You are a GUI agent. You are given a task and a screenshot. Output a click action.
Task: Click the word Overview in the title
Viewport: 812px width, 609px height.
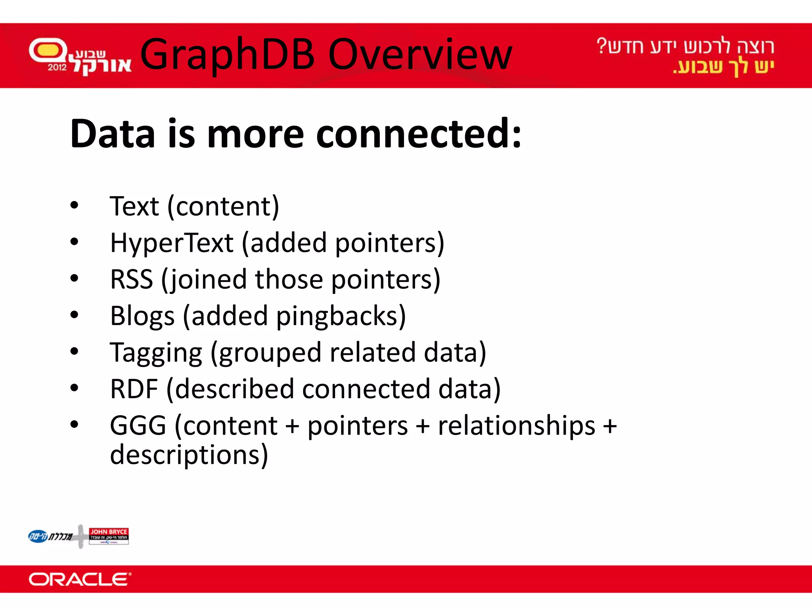(x=420, y=55)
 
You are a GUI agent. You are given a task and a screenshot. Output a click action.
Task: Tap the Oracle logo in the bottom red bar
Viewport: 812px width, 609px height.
(x=79, y=579)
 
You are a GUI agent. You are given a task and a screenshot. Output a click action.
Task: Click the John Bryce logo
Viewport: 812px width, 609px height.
(x=109, y=536)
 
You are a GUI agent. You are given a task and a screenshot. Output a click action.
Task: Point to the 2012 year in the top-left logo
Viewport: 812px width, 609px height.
(x=57, y=67)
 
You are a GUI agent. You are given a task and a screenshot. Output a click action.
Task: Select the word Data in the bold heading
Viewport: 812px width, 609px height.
(x=112, y=134)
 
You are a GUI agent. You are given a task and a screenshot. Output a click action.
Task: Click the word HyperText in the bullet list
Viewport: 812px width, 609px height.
(x=171, y=243)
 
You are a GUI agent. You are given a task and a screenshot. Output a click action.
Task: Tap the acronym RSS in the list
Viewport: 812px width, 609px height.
(x=131, y=279)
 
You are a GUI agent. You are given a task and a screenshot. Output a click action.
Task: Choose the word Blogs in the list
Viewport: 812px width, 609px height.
(x=142, y=316)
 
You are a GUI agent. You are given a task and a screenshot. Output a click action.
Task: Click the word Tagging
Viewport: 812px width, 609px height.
(x=156, y=353)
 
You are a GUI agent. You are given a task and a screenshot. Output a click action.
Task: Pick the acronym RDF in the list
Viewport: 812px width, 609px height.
(x=134, y=389)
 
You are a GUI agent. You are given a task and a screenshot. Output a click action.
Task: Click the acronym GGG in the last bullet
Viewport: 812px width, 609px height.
(x=138, y=425)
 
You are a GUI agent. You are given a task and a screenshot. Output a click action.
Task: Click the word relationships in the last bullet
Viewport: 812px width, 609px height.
(x=516, y=425)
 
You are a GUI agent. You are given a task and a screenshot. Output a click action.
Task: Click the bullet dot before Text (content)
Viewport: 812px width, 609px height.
(x=74, y=205)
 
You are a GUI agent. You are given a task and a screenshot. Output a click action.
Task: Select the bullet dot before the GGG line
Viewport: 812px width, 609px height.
(x=74, y=425)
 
